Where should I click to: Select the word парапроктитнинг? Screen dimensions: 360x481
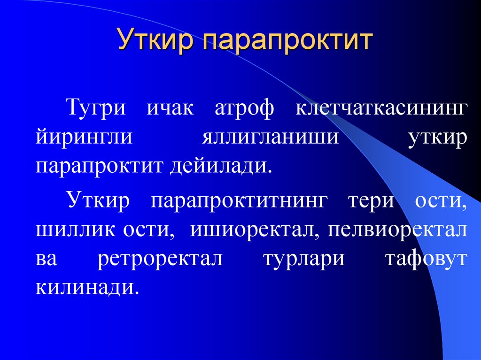pyautogui.click(x=238, y=201)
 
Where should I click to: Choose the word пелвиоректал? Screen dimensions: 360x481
pyautogui.click(x=397, y=230)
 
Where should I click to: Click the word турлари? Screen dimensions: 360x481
pyautogui.click(x=303, y=259)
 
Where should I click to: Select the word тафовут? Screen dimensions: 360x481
pyautogui.click(x=426, y=259)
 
